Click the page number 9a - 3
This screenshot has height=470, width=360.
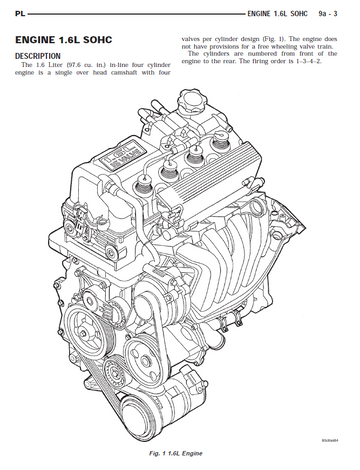(328, 14)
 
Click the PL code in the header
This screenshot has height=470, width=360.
(20, 14)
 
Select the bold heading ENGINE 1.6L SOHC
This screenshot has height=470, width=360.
(64, 40)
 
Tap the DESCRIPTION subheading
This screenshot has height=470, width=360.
(38, 56)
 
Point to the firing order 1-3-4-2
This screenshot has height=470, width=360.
(309, 61)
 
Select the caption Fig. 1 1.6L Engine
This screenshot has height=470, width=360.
(176, 453)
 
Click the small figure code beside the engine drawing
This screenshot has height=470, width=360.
(330, 440)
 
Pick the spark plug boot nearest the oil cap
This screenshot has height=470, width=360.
(220, 139)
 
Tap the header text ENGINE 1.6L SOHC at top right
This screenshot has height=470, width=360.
(278, 14)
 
